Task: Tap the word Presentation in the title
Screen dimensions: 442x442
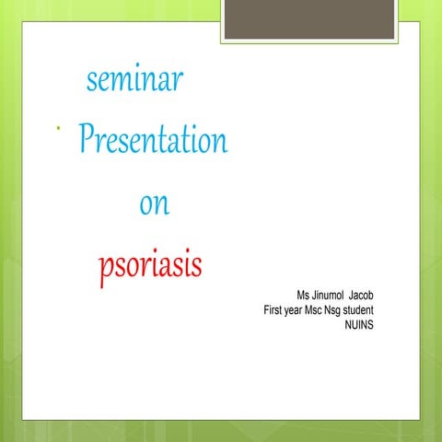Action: [x=154, y=141]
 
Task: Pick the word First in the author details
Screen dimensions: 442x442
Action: [x=273, y=310]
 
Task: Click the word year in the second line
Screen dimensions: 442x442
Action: [x=297, y=310]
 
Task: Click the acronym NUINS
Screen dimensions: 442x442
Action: [x=358, y=325]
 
